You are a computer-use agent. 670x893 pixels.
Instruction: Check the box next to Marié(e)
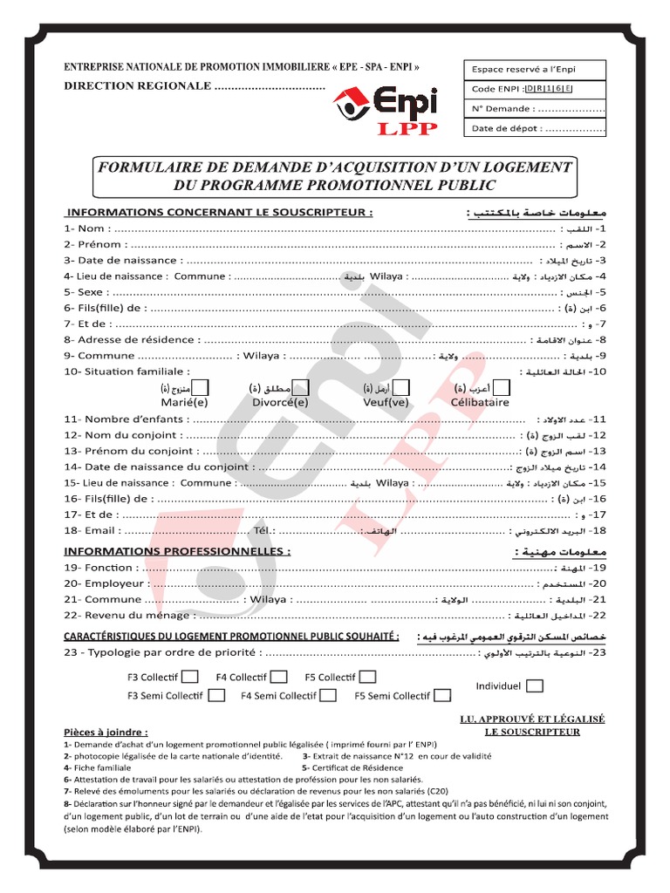(x=200, y=387)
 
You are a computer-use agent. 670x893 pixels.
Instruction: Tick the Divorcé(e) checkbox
(x=300, y=387)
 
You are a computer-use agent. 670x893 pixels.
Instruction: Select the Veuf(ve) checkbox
(x=403, y=387)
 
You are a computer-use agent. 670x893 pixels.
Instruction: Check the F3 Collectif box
(x=190, y=677)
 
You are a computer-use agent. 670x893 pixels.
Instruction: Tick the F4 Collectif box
(x=279, y=677)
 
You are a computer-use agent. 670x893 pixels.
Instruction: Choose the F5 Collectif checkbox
(x=368, y=677)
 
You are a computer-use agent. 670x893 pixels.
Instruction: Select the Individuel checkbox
(x=535, y=686)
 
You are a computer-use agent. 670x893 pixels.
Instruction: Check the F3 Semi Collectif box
(x=217, y=695)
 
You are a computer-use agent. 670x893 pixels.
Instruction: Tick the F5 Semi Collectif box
(x=442, y=695)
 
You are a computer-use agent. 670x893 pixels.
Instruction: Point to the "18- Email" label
(x=89, y=530)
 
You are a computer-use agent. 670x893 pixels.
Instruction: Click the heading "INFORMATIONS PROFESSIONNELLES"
(x=176, y=552)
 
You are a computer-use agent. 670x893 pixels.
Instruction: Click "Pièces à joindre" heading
(x=106, y=733)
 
